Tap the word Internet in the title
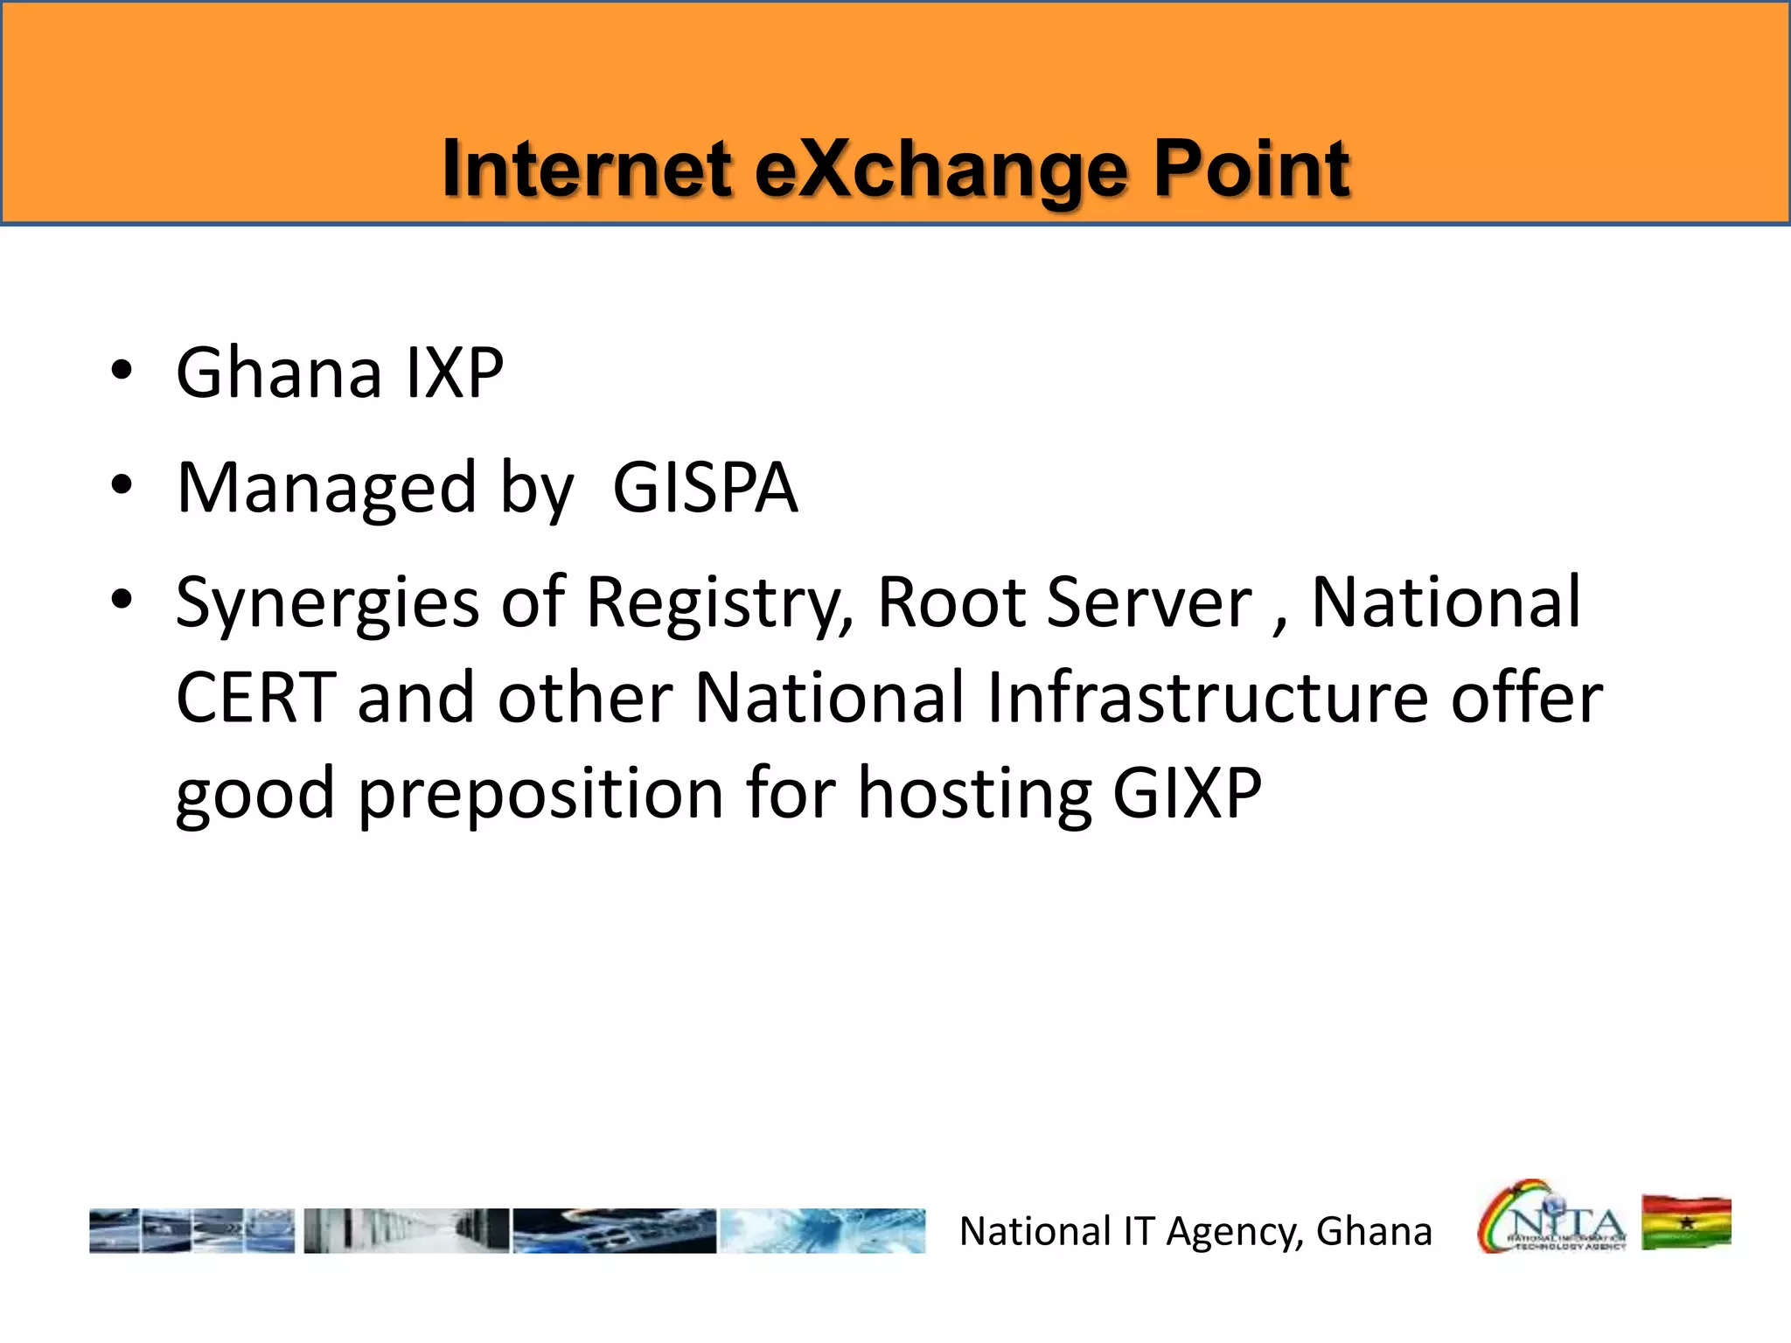pyautogui.click(x=586, y=170)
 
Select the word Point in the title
pyautogui.click(x=1251, y=170)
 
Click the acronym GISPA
pyautogui.click(x=705, y=488)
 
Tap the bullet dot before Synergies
pyautogui.click(x=122, y=600)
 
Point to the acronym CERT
pyautogui.click(x=255, y=699)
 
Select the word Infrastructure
pyautogui.click(x=1207, y=699)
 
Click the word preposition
pyautogui.click(x=540, y=795)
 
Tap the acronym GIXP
pyautogui.click(x=1187, y=793)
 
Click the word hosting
pyautogui.click(x=974, y=795)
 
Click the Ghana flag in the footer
pyautogui.click(x=1686, y=1223)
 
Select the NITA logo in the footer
pyautogui.click(x=1552, y=1218)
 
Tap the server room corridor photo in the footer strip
pyautogui.click(x=406, y=1231)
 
